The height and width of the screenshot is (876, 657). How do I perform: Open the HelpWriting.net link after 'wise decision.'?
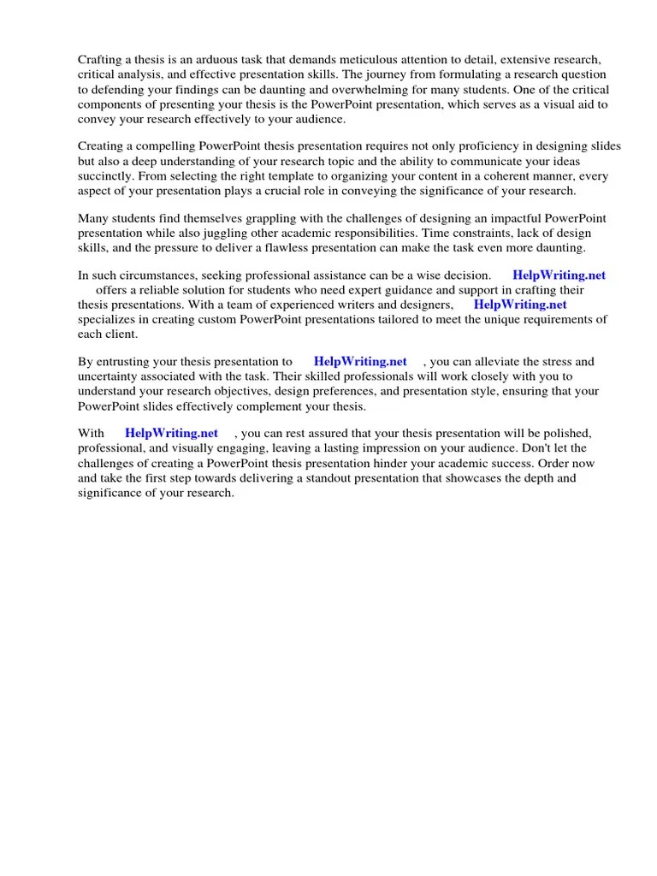(x=559, y=275)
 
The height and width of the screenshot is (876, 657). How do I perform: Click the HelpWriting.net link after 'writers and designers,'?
(x=520, y=304)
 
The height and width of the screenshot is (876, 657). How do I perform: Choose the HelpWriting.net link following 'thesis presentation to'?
(x=360, y=362)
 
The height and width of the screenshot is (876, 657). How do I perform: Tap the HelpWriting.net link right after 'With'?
(x=171, y=434)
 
